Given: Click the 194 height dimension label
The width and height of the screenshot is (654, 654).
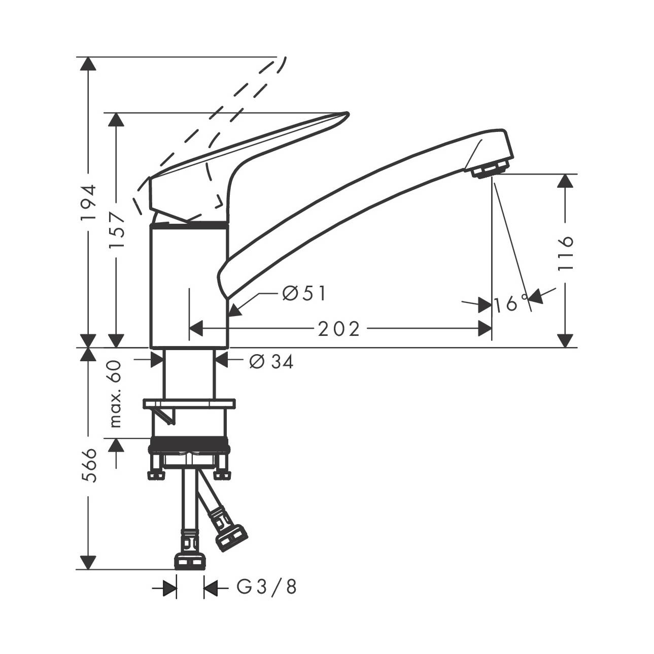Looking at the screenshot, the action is (x=89, y=203).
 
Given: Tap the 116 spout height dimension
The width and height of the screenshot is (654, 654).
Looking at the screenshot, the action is (x=565, y=253).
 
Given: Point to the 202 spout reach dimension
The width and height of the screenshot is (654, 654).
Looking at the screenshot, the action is (x=338, y=329).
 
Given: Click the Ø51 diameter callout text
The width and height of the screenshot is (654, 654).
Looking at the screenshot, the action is (x=304, y=293).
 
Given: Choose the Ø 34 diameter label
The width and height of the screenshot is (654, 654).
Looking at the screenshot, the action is (x=271, y=362).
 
